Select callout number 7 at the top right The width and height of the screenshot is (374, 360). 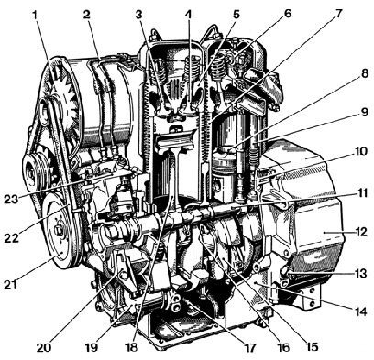[338, 15]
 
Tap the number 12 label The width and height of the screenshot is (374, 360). [360, 232]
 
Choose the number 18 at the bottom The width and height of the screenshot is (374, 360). [132, 347]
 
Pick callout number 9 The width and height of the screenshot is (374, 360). [363, 113]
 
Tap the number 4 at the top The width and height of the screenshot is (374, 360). [189, 15]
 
